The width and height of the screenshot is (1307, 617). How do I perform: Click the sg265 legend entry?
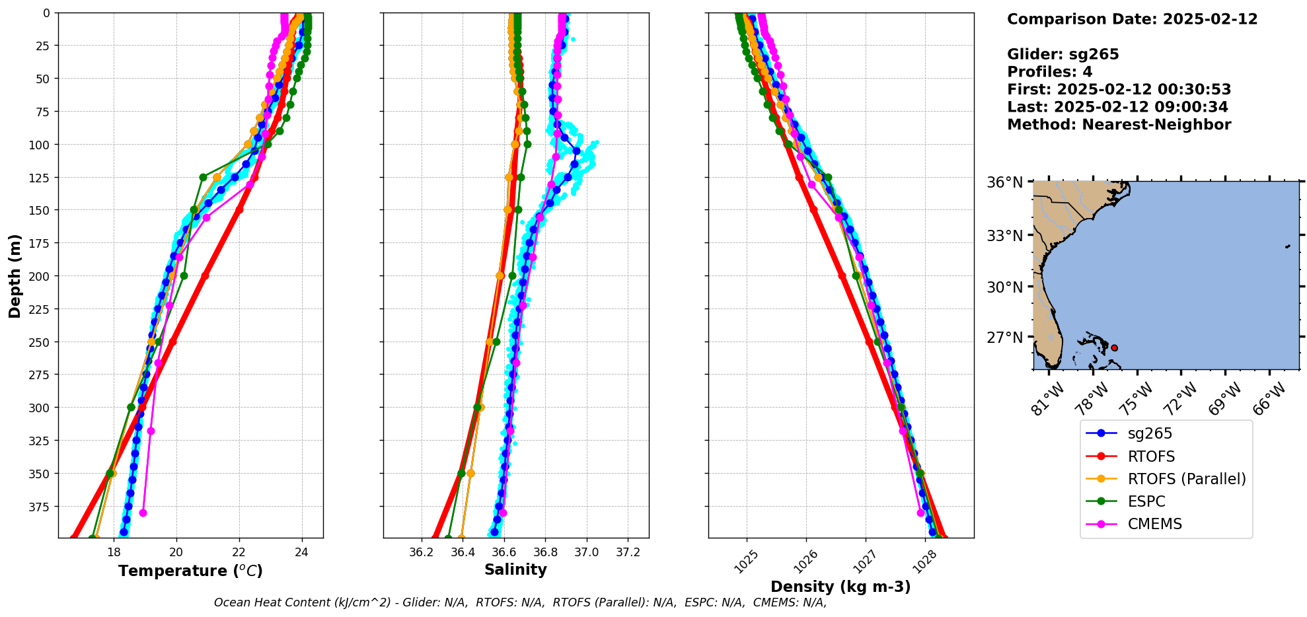1149,433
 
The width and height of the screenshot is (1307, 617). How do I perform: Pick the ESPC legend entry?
1146,501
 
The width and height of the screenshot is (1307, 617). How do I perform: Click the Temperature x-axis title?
190,571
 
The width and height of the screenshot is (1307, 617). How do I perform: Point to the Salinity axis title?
515,569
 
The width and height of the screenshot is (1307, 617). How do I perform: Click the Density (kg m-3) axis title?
840,587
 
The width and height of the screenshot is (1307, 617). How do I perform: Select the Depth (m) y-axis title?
15,275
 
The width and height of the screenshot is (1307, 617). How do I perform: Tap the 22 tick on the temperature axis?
239,552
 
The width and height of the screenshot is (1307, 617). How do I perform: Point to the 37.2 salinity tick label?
628,552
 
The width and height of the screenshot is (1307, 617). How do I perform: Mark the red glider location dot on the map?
1114,347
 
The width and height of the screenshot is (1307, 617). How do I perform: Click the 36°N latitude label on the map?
1004,182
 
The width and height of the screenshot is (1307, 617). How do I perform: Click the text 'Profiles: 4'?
1049,72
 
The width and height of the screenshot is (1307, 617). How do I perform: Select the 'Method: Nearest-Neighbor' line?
1119,125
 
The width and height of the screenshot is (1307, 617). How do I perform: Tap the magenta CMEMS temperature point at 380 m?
143,513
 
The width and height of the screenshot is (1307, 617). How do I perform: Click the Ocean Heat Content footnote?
520,602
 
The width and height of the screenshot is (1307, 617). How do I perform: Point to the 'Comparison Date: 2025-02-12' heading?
1132,19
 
